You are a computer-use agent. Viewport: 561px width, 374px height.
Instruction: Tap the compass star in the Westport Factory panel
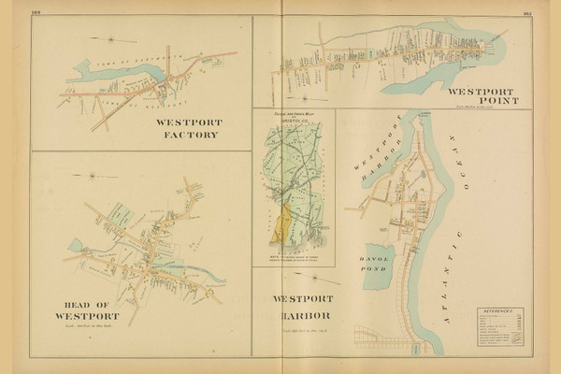point(110,39)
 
